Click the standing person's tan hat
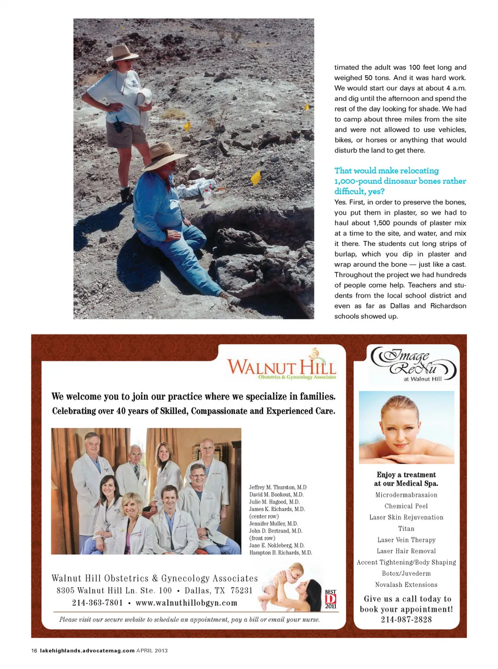coord(122,53)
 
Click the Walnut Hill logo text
coord(281,367)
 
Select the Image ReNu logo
coord(413,363)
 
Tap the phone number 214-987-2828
coord(406,620)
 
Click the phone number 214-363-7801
coord(98,603)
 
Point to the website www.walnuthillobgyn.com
coord(186,603)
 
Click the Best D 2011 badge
coord(330,599)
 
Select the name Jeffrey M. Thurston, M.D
coord(278,487)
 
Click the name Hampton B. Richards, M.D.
coord(280,553)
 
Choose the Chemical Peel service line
coord(406,506)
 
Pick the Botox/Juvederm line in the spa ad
coord(406,574)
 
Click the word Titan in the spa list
coord(406,529)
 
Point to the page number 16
coord(34,650)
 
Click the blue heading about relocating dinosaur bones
coord(400,181)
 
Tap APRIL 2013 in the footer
coord(152,650)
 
